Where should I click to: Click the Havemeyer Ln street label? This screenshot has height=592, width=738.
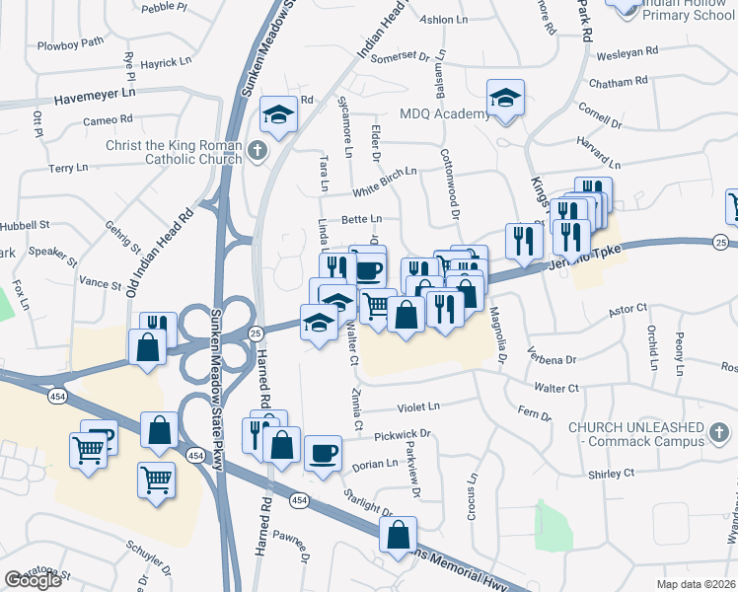click(x=94, y=99)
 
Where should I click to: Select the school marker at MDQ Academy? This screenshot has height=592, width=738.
click(x=505, y=99)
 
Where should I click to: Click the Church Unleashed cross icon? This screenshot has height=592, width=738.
click(x=719, y=431)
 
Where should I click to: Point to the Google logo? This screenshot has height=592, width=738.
click(x=33, y=580)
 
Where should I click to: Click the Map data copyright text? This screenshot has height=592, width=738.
click(x=696, y=583)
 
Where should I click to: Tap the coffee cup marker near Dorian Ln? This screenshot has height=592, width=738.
click(x=325, y=454)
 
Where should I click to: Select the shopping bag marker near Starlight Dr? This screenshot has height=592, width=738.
click(x=398, y=536)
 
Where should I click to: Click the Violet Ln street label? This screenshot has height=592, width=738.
click(x=417, y=407)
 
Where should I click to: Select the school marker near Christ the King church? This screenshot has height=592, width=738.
click(x=278, y=113)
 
